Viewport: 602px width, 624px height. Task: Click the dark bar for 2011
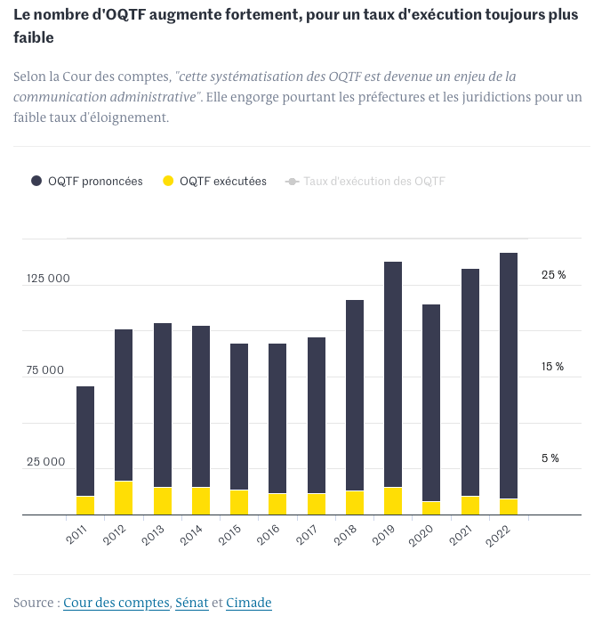click(85, 441)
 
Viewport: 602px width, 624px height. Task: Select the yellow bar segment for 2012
click(124, 498)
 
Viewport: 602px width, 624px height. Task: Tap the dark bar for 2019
click(393, 374)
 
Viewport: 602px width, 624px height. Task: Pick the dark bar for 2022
click(509, 374)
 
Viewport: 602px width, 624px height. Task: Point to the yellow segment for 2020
click(431, 508)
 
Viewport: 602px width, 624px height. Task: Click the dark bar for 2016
click(277, 418)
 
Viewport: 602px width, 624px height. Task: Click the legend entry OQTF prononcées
click(87, 182)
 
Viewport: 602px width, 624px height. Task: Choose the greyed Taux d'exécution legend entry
click(365, 182)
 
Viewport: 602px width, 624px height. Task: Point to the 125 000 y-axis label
click(48, 279)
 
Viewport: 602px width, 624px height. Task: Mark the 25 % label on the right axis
click(553, 275)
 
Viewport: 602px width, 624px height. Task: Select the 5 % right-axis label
click(550, 458)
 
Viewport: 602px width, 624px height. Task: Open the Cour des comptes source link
click(116, 603)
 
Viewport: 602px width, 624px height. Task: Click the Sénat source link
click(191, 603)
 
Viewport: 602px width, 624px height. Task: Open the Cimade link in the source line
click(248, 603)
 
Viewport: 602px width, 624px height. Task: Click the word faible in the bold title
click(33, 37)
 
